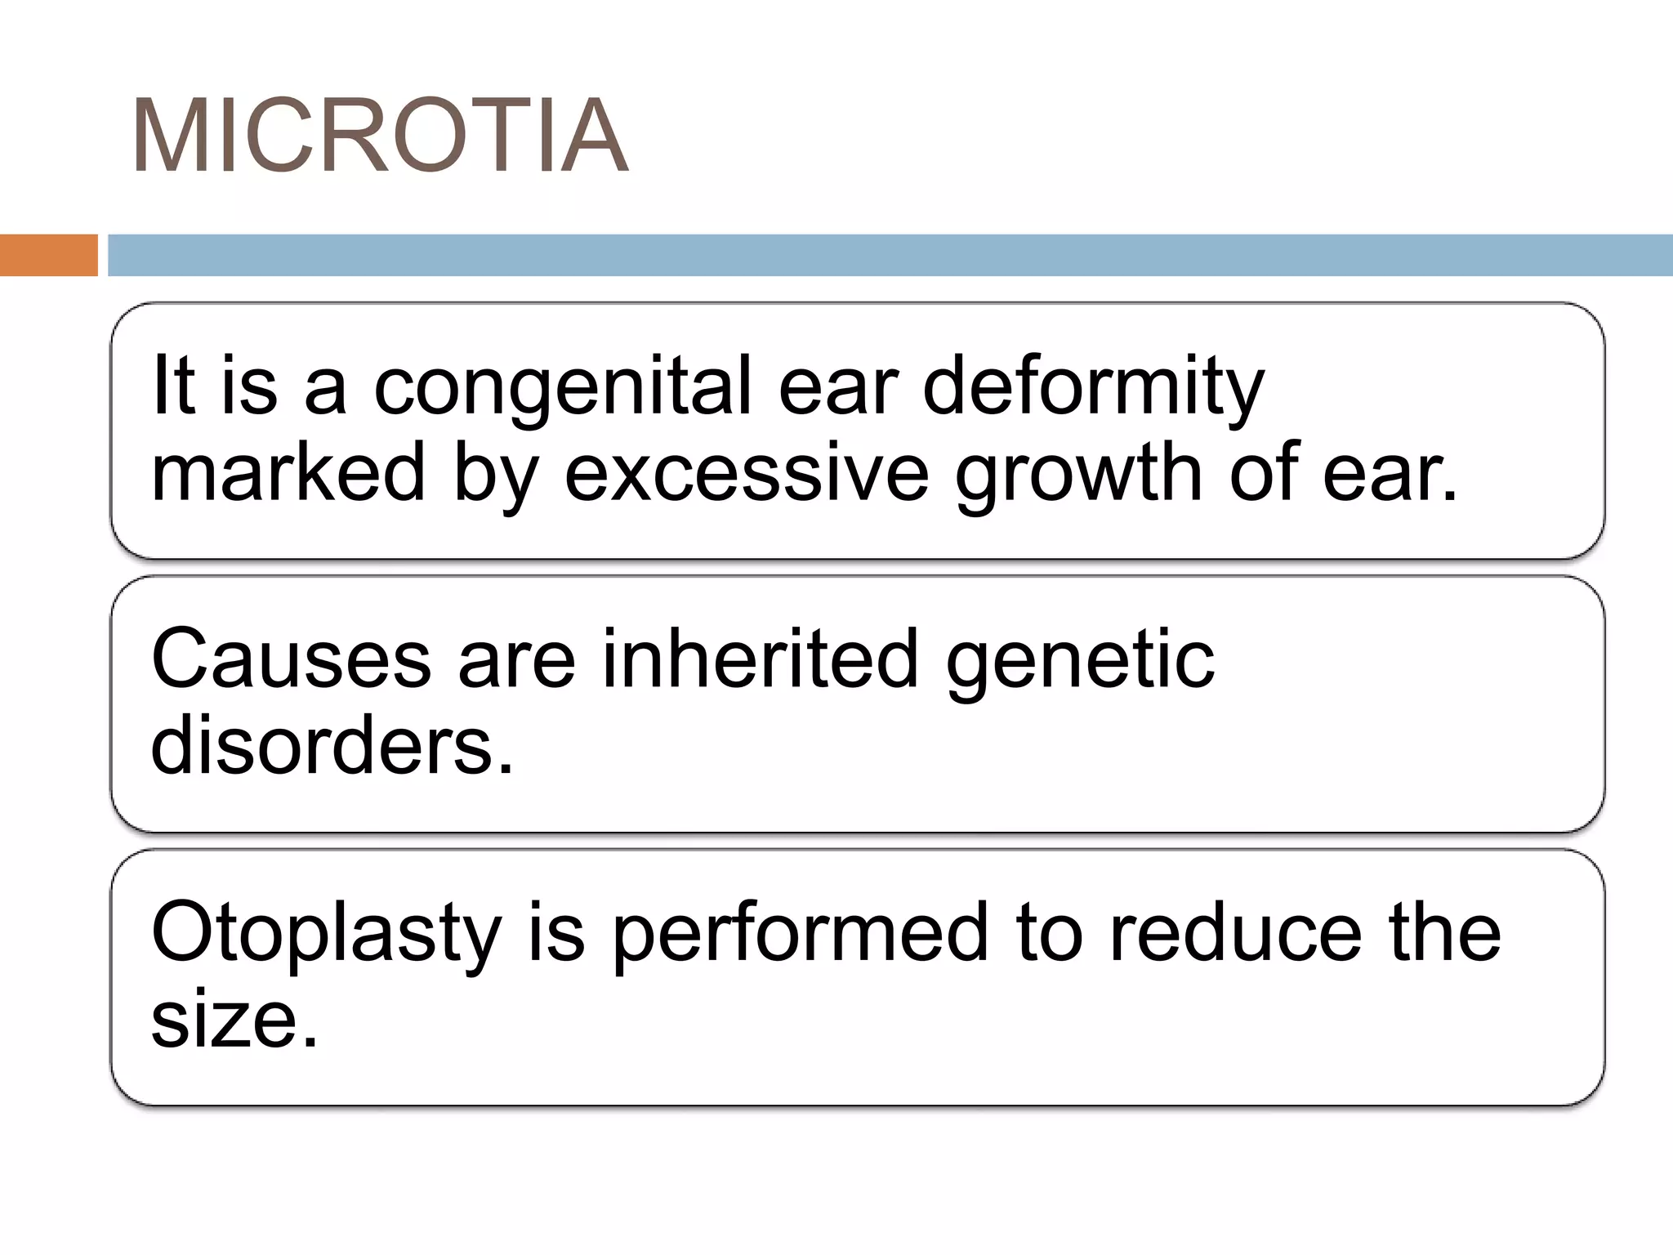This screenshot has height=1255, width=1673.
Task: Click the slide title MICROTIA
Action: click(380, 136)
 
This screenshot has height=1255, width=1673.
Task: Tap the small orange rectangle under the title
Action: click(48, 255)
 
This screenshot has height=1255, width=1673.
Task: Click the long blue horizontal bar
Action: click(890, 255)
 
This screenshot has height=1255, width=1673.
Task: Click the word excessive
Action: click(747, 474)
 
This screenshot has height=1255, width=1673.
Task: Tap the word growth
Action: click(1079, 474)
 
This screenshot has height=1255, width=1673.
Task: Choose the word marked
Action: click(288, 474)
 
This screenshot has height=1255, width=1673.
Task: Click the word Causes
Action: click(291, 660)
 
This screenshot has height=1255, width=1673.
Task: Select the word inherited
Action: click(760, 660)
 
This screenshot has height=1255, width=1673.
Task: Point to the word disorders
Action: click(332, 746)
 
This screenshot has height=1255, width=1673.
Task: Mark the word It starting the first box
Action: click(173, 386)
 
